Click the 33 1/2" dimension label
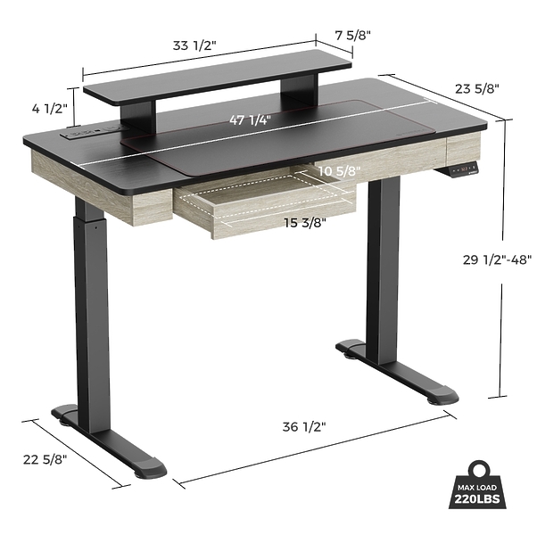click(194, 45)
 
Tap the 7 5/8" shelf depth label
click(353, 35)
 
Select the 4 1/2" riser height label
click(50, 109)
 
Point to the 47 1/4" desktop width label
click(250, 119)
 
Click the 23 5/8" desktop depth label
click(476, 88)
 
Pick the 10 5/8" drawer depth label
click(339, 171)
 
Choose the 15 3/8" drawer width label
click(305, 223)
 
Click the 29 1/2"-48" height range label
click(497, 259)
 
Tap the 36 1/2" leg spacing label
click(304, 427)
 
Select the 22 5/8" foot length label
click(45, 459)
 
